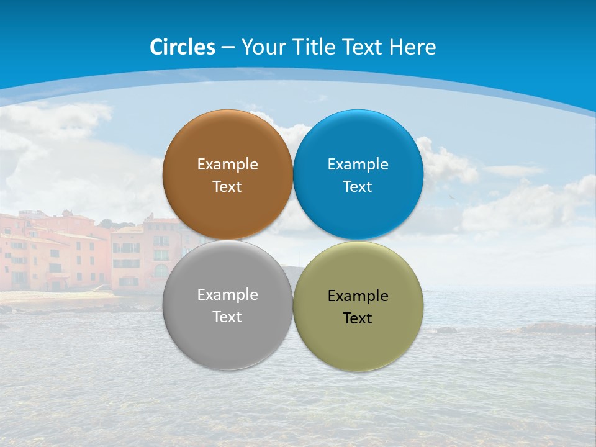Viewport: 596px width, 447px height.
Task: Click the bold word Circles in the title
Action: pos(182,47)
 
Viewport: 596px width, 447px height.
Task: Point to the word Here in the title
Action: pos(413,47)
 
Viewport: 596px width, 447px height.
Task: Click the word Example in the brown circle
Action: pos(227,164)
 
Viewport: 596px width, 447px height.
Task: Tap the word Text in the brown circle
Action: pos(227,186)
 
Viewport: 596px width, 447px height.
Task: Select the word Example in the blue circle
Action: pos(358,164)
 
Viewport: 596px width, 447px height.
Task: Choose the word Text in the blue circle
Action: pos(358,186)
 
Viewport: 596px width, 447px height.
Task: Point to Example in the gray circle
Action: pos(227,294)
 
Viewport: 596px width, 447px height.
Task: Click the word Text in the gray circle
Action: pos(227,317)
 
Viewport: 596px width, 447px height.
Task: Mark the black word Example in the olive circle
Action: pos(358,296)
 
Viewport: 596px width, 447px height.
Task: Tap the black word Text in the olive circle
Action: pos(358,318)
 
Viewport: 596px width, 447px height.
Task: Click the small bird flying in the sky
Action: pos(453,197)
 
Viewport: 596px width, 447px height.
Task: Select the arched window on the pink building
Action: pos(161,271)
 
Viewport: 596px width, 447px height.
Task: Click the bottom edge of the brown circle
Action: pos(227,239)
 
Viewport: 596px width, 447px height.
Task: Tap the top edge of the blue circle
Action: pos(358,111)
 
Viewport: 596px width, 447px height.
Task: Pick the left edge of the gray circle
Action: pos(163,305)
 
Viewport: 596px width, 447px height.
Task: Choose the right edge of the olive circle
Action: pos(423,307)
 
